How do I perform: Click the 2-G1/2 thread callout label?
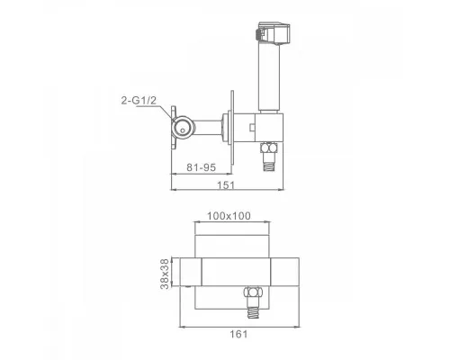139,101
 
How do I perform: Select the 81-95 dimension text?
201,167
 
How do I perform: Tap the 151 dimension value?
226,184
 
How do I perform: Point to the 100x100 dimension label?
229,216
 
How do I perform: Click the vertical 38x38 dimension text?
165,274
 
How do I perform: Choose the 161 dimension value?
238,334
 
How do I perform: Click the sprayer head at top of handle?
273,33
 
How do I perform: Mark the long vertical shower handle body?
269,78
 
